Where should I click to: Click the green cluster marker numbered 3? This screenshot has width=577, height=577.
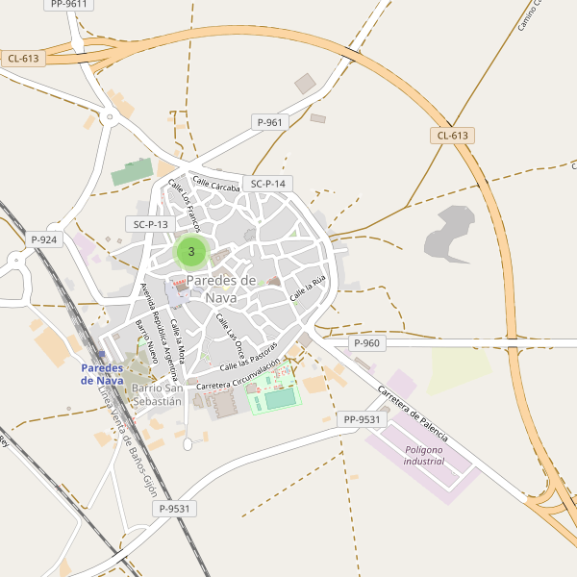(191, 252)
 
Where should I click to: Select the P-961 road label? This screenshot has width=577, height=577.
(270, 122)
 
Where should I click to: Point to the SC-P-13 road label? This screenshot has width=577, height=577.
(150, 224)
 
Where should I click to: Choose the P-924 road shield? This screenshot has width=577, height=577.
(44, 239)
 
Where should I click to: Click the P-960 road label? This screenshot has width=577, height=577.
(366, 343)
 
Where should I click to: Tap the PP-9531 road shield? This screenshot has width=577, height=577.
(362, 419)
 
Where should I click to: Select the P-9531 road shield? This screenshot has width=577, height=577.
(176, 509)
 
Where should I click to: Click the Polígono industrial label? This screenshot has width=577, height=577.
(424, 455)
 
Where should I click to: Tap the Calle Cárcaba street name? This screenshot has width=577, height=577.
(215, 183)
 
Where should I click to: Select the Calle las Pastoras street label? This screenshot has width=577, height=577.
(248, 356)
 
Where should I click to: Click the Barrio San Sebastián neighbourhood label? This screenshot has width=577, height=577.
(157, 394)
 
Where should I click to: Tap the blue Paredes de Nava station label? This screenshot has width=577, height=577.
(101, 374)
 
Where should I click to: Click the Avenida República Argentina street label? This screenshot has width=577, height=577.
(161, 326)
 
